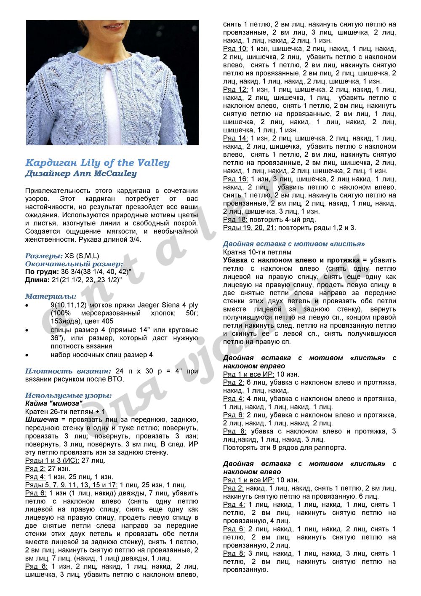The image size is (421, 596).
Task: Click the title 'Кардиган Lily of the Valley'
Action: pos(97,163)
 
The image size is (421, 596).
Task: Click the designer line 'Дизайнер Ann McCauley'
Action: pos(81,173)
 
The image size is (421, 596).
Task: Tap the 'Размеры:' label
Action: pos(44,256)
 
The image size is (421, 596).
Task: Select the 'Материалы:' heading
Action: pos(51,296)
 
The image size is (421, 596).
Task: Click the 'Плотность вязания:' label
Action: pos(68,371)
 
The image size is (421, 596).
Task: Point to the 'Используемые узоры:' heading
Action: pos(69,396)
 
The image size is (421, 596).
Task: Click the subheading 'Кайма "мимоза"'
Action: pos(54,404)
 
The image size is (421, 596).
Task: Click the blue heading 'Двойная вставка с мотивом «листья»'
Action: pos(294,244)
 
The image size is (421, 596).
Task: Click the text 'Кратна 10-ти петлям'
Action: pos(257,252)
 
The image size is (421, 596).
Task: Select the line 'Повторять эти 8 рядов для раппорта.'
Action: pos(285,447)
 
